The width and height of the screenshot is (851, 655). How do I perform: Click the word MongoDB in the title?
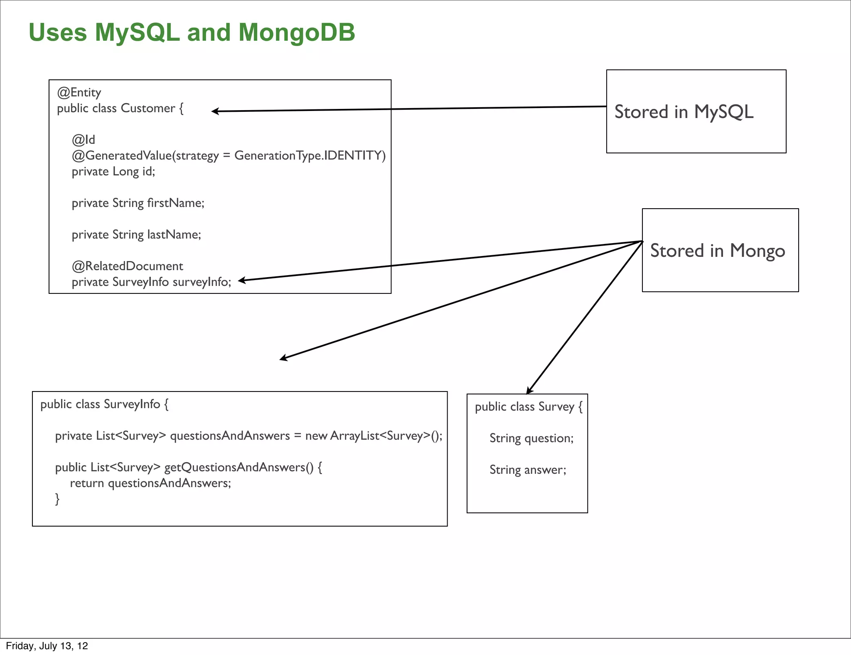pos(297,32)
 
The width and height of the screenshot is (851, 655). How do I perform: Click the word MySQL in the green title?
pos(137,32)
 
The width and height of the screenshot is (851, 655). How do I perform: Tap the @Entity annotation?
pos(79,92)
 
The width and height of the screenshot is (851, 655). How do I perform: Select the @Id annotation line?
pos(83,140)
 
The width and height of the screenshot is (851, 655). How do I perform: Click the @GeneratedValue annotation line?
pos(229,155)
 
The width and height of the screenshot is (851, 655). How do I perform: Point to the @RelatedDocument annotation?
pos(127,266)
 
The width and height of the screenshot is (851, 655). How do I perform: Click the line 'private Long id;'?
pos(113,171)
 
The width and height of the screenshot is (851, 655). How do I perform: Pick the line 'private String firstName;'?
pos(138,203)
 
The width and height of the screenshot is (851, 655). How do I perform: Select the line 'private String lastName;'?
pos(136,234)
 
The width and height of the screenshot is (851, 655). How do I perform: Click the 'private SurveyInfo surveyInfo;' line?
pos(151,282)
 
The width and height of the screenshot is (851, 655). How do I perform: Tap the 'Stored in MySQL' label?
pos(684,112)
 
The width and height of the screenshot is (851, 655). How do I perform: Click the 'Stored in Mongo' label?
pos(717,251)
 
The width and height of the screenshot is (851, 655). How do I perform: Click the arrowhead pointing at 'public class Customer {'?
pos(215,111)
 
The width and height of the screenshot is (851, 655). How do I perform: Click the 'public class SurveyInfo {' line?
pos(104,404)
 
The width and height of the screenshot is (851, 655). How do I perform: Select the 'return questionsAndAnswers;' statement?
pos(150,483)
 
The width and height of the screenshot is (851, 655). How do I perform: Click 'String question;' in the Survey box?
pos(531,438)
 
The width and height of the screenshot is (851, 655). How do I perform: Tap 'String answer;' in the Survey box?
pos(528,470)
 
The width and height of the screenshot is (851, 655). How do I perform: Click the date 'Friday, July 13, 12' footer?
pos(47,646)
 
